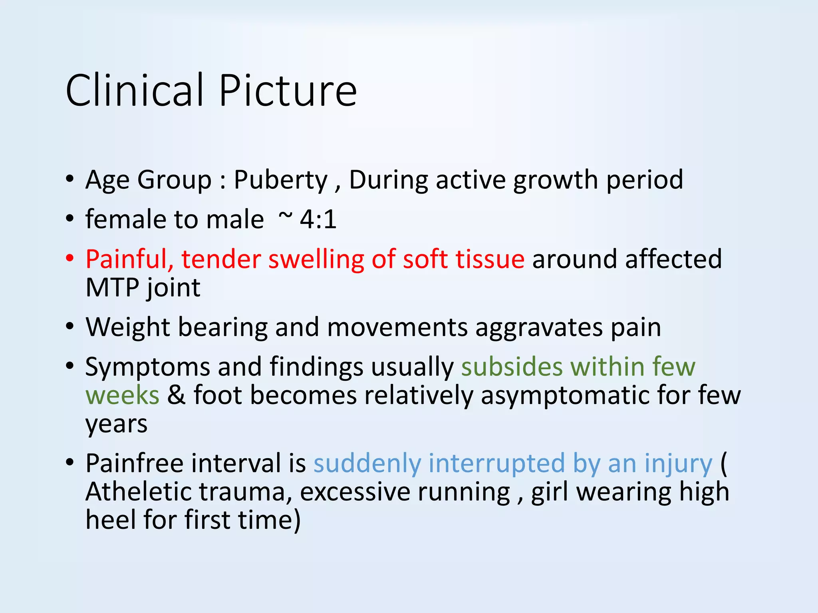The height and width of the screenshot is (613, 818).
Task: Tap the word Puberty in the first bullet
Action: tap(280, 180)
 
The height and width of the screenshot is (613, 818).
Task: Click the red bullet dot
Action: tap(70, 259)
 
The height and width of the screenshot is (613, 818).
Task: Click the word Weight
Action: tap(128, 327)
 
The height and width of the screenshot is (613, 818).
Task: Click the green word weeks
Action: tap(122, 395)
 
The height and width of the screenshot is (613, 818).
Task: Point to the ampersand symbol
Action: tap(176, 395)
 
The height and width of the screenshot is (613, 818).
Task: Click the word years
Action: tap(116, 424)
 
